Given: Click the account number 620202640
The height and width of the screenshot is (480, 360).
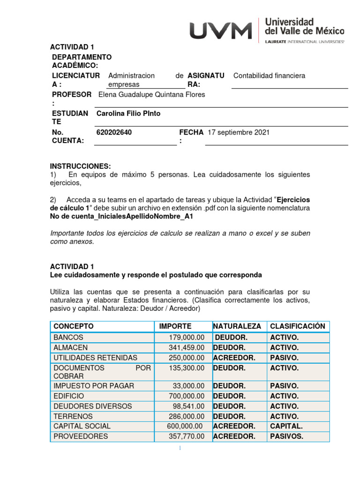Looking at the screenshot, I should pyautogui.click(x=114, y=133).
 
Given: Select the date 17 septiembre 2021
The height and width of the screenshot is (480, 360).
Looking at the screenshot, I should pyautogui.click(x=239, y=133).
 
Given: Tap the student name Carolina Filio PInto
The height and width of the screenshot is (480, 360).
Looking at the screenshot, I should pyautogui.click(x=128, y=113).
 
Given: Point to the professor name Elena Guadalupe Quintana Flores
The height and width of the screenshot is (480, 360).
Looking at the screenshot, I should pyautogui.click(x=151, y=95).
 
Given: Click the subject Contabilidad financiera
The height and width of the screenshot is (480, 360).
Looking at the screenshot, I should pyautogui.click(x=269, y=75).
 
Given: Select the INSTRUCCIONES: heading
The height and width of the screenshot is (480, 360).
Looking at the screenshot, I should pyautogui.click(x=81, y=166).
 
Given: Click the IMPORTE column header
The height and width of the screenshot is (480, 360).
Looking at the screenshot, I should pyautogui.click(x=175, y=326).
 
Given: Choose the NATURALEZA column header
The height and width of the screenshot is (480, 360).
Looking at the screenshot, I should pyautogui.click(x=237, y=326).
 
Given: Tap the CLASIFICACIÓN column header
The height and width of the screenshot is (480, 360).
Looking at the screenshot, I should pyautogui.click(x=297, y=326).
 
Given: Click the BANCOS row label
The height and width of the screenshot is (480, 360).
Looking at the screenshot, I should pyautogui.click(x=68, y=337).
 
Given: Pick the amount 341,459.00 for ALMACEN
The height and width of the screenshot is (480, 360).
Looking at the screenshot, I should pyautogui.click(x=186, y=348).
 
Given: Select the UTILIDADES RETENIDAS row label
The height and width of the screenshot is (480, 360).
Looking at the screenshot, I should pyautogui.click(x=95, y=358).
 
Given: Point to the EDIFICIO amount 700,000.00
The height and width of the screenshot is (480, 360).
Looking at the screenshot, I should pyautogui.click(x=186, y=396).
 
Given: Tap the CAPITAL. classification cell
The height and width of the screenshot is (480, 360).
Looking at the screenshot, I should pyautogui.click(x=286, y=426).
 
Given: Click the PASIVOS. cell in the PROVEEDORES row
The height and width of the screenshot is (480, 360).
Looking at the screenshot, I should pyautogui.click(x=286, y=436).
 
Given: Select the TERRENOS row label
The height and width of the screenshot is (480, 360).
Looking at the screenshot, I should pyautogui.click(x=73, y=416).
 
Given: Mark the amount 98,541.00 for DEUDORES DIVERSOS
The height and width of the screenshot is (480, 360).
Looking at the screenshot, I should pyautogui.click(x=188, y=406).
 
